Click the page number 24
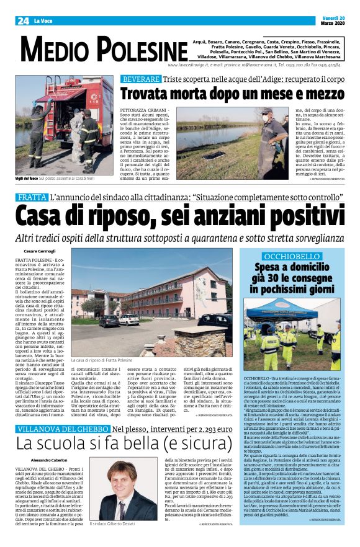point(23,20)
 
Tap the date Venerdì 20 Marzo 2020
point(333,20)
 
